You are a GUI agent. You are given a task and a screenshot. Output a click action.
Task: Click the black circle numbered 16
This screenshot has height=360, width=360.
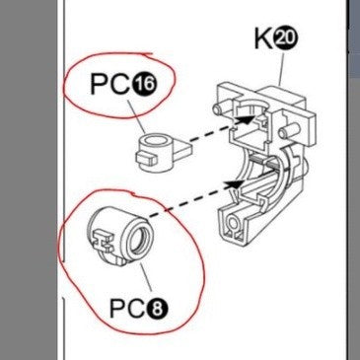pyautogui.click(x=144, y=84)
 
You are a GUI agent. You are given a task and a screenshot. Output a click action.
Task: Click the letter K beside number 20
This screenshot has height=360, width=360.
pyautogui.click(x=263, y=39)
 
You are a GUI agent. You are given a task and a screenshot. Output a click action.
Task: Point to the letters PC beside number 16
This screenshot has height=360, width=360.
pyautogui.click(x=110, y=84)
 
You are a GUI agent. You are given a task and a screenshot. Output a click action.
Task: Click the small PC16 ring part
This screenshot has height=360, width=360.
pyautogui.click(x=162, y=151)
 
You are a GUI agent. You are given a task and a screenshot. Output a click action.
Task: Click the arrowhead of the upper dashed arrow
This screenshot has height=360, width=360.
pyautogui.click(x=246, y=119)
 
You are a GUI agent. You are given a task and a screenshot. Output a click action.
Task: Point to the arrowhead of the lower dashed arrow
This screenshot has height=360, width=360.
pyautogui.click(x=234, y=184)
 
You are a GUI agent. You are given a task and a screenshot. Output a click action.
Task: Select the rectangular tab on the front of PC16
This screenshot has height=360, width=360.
pyautogui.click(x=146, y=158)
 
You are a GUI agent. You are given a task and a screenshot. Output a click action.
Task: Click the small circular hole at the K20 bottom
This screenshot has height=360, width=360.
pyautogui.click(x=234, y=224)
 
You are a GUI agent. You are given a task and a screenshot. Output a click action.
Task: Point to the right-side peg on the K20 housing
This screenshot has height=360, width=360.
pyautogui.click(x=285, y=132)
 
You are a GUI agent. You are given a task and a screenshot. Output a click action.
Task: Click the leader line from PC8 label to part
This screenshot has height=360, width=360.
pyautogui.click(x=145, y=277)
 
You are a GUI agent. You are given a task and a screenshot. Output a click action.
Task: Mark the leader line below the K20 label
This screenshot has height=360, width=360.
pyautogui.click(x=281, y=68)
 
